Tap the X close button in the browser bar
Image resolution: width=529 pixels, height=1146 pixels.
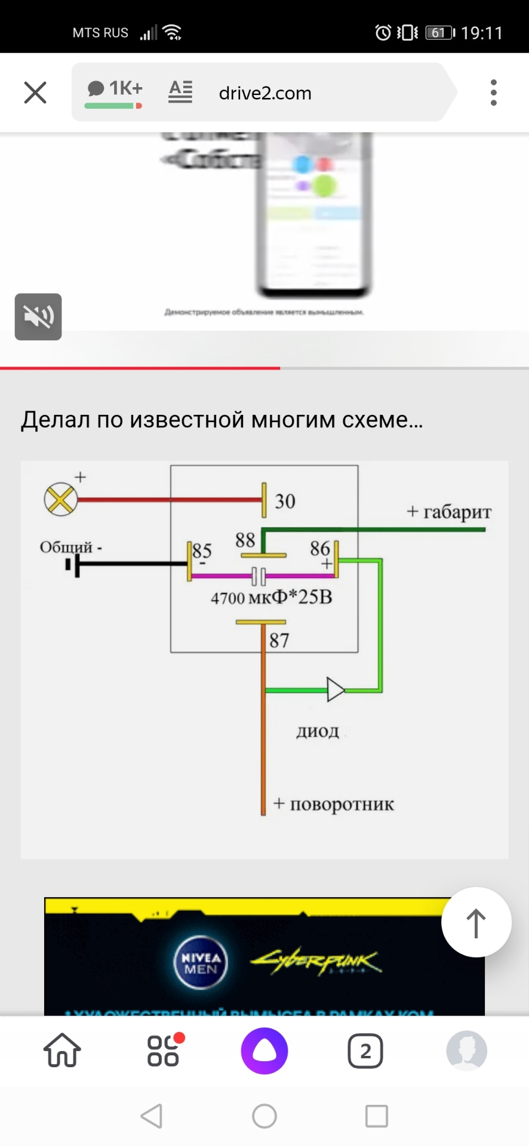coord(35,93)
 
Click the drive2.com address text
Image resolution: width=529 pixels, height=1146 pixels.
coord(265,93)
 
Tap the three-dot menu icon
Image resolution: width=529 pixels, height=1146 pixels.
coord(493,93)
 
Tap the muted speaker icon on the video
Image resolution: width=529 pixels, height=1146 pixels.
coord(38,316)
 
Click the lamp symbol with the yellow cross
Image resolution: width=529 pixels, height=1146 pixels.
coord(61,499)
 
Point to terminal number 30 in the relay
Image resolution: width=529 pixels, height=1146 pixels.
coord(285,501)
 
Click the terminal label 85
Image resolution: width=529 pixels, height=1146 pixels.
coord(202,550)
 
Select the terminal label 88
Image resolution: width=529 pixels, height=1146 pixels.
coord(245,540)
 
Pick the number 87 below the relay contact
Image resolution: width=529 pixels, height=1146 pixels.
coord(279,640)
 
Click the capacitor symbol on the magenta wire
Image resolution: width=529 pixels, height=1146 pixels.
coord(259,576)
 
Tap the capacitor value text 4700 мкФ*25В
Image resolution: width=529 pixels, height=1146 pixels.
coord(272,597)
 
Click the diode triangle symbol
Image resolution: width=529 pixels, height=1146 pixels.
coord(336,690)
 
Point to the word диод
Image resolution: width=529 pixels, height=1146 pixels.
coord(318,731)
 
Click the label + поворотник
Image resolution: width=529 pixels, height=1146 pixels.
coord(334,804)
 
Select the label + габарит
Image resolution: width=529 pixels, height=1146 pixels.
coord(449,512)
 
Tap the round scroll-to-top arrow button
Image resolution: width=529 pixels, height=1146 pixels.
coord(476,922)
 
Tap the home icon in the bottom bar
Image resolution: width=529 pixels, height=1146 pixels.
coord(62,1050)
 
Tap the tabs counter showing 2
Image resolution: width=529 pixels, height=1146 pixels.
coord(365,1050)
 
